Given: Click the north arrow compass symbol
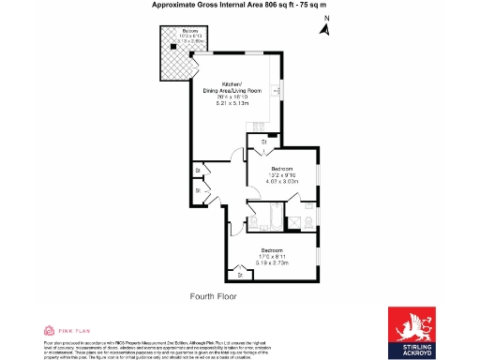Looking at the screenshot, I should coord(324,29).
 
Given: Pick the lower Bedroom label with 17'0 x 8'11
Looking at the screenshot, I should coord(272,250).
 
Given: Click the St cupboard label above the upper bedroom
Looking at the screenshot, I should coord(264,141).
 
